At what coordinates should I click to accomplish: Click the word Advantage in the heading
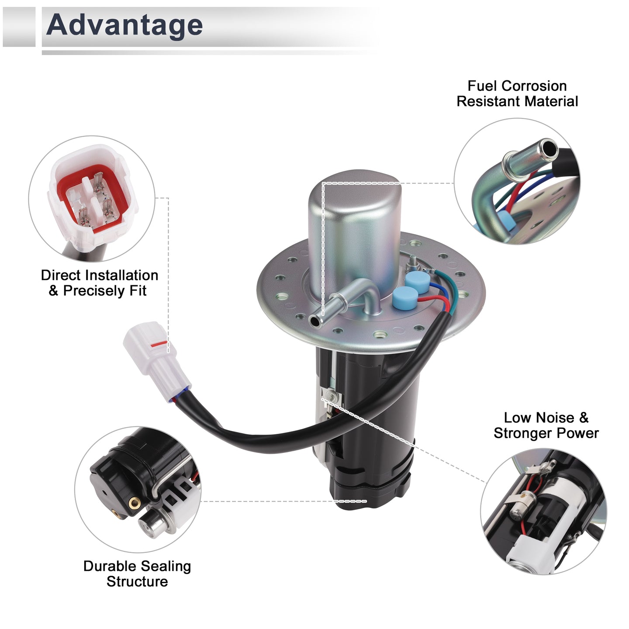pos(124,25)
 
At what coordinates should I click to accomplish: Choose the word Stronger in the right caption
pos(523,433)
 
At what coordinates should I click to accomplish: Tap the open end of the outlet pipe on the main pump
pos(314,321)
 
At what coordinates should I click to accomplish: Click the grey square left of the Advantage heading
pos(19,27)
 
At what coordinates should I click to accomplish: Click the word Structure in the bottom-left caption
pos(137,581)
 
